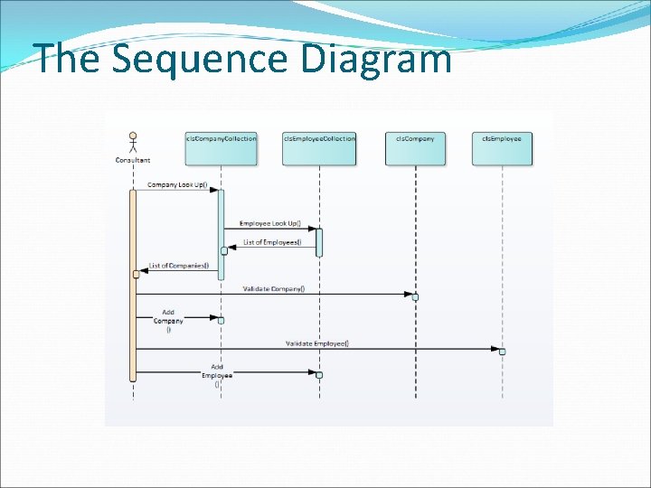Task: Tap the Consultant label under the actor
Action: click(133, 160)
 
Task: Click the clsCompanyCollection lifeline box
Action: click(221, 149)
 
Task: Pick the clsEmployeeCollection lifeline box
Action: click(319, 149)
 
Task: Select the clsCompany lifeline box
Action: click(415, 149)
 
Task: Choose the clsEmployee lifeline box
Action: click(502, 149)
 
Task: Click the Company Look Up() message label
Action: click(177, 186)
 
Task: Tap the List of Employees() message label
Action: click(272, 241)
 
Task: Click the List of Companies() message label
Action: click(179, 266)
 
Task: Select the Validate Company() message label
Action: click(274, 289)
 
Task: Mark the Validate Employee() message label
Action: click(317, 343)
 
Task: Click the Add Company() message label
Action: click(168, 321)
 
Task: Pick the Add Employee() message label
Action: click(217, 375)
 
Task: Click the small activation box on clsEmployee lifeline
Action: click(502, 351)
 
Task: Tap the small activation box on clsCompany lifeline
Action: click(415, 296)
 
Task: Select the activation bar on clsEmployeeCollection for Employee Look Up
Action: click(319, 242)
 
